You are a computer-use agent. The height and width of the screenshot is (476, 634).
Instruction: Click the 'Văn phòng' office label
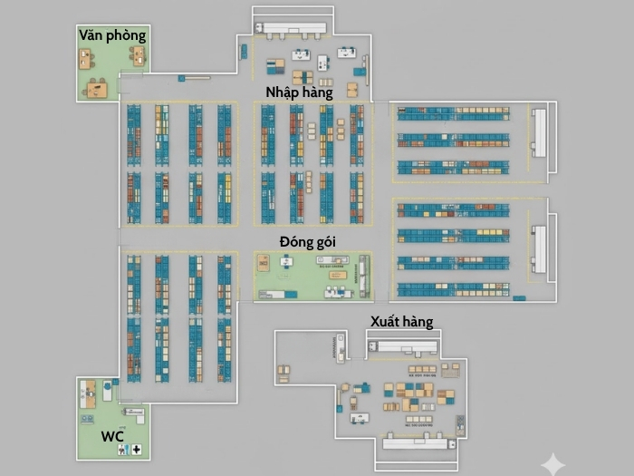112,35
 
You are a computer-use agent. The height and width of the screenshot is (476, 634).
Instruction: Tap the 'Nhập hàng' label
299,92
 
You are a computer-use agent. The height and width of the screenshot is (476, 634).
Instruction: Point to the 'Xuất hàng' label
401,322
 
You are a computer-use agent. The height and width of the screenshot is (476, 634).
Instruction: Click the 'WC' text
112,437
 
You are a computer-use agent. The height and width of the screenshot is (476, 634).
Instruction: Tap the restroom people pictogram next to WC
122,450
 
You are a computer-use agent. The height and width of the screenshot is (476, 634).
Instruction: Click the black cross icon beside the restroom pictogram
136,450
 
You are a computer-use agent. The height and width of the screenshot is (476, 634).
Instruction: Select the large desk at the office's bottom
96,88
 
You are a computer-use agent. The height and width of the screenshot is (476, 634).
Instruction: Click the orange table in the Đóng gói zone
264,263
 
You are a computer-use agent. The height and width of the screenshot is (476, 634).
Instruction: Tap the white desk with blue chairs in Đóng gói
287,261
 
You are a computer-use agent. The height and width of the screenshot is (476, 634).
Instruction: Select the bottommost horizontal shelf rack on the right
453,289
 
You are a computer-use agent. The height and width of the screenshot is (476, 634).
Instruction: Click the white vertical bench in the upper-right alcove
540,132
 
